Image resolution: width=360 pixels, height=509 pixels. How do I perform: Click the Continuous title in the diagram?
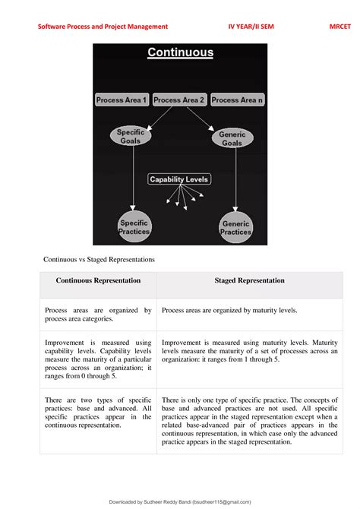click(180, 52)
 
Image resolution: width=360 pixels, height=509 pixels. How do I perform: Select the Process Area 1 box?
click(122, 100)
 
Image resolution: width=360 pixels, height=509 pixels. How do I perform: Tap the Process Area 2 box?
click(179, 100)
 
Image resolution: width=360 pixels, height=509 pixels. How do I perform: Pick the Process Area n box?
click(238, 100)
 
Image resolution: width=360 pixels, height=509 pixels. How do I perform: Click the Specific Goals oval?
click(131, 137)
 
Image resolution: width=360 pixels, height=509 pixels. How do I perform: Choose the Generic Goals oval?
click(232, 138)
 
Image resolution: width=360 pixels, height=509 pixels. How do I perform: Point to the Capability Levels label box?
click(179, 179)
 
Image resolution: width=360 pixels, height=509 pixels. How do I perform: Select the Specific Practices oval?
click(133, 227)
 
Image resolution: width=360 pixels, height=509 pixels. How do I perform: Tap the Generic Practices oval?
click(235, 228)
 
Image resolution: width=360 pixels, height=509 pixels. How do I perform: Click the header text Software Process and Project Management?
click(103, 27)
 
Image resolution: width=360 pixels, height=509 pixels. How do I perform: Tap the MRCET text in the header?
click(341, 27)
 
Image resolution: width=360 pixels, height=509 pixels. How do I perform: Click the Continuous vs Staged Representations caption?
click(99, 259)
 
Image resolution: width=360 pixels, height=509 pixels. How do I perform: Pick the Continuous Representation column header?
click(98, 281)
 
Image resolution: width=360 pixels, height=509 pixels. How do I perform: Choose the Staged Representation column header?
click(250, 281)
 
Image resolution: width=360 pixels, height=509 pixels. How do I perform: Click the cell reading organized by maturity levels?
click(250, 310)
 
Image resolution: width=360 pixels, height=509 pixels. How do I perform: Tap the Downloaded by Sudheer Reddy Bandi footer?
click(180, 501)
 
